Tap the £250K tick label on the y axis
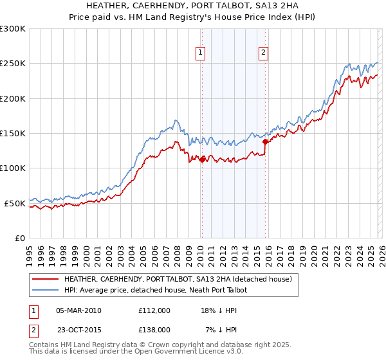pos(13,64)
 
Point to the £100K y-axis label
pos(13,168)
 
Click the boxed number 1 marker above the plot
pos(201,53)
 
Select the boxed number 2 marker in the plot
pos(264,53)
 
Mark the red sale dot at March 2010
pos(202,159)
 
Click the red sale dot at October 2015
pos(265,141)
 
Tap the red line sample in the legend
pos(45,280)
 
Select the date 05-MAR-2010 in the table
pos(79,310)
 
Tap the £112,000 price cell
pos(154,310)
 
